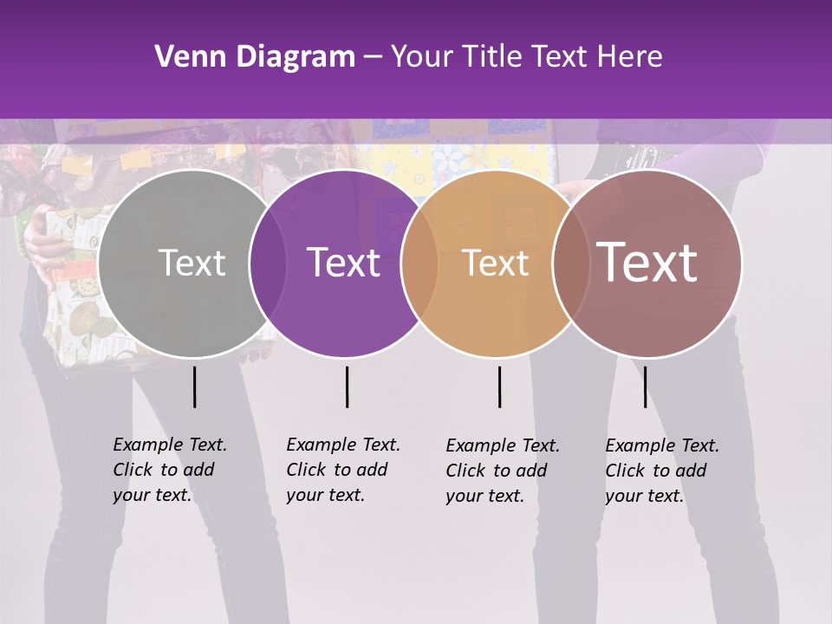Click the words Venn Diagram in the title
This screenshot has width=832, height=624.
click(254, 57)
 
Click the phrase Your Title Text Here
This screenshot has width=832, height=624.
click(526, 57)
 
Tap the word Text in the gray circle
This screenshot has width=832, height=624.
click(192, 263)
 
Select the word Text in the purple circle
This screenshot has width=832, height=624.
click(344, 263)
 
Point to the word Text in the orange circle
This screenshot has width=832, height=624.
click(495, 263)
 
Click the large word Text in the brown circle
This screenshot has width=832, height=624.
click(647, 263)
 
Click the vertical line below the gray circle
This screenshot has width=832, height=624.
click(194, 387)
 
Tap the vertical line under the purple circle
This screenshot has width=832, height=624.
click(347, 387)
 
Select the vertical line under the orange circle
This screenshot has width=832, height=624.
click(499, 387)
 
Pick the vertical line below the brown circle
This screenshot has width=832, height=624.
click(645, 387)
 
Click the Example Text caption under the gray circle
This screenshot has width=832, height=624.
click(170, 470)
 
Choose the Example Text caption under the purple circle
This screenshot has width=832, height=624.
click(343, 470)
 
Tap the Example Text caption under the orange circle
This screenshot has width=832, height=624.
click(503, 471)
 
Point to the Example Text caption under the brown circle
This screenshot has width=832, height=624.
click(662, 471)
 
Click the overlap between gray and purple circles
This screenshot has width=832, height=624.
click(268, 263)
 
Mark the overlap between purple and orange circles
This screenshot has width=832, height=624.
click(419, 263)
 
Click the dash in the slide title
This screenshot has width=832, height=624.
click(373, 57)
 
